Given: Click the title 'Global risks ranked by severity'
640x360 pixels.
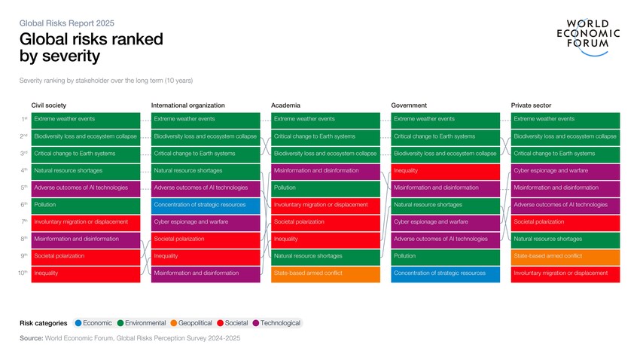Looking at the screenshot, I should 90,47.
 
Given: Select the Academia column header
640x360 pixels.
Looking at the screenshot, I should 285,105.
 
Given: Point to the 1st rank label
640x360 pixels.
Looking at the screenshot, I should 24,119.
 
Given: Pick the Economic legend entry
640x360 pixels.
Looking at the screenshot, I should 93,323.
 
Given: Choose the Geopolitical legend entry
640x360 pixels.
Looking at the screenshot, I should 191,323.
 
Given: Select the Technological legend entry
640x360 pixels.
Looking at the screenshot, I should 276,323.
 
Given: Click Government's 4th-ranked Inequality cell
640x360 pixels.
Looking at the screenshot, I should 445,171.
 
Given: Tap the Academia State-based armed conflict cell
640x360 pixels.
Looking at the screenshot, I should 325,273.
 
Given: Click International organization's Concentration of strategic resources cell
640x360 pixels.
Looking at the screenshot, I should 205,205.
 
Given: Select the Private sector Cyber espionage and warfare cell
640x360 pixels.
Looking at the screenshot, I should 565,171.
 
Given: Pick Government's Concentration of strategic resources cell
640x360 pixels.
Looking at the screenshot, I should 445,273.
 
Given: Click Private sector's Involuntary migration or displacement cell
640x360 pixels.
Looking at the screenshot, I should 565,273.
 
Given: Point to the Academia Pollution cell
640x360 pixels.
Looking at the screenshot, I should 325,188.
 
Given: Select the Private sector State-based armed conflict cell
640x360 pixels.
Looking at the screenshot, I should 565,256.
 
